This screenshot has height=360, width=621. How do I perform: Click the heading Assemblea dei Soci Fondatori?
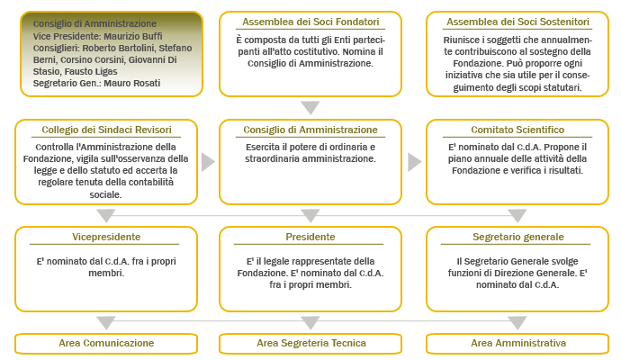[310, 22]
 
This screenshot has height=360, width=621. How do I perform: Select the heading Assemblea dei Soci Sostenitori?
[517, 22]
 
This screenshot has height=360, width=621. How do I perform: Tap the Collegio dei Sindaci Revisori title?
[106, 130]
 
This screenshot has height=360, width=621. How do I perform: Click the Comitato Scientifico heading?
[517, 130]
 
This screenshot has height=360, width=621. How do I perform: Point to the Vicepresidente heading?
[106, 237]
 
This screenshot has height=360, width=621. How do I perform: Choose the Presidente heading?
[310, 237]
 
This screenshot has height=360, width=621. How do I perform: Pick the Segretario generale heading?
[518, 237]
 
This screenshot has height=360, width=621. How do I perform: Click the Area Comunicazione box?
[106, 344]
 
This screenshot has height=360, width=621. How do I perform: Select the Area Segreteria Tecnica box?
[310, 344]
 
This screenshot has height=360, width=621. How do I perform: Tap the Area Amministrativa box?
[517, 344]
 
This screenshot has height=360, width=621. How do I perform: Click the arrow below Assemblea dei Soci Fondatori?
[310, 107]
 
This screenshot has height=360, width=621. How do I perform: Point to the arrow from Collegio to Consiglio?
[208, 162]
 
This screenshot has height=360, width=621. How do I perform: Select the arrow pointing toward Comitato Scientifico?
[414, 162]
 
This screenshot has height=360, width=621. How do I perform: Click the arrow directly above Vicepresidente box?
[106, 216]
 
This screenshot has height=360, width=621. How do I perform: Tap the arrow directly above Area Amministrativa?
[517, 323]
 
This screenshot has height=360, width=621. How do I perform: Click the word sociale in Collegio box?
[105, 194]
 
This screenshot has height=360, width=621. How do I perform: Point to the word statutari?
[562, 87]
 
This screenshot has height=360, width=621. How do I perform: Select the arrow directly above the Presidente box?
[310, 216]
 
